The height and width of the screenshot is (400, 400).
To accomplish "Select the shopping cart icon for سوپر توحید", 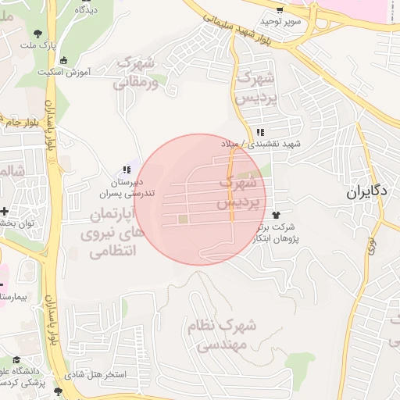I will (x=280, y=10).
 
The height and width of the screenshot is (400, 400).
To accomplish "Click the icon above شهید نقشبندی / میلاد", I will (x=260, y=133).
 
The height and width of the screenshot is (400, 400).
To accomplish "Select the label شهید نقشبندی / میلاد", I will (x=270, y=145).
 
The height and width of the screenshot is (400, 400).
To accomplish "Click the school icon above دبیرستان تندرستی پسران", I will (x=126, y=170).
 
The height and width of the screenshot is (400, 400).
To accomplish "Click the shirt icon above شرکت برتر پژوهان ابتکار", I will (x=276, y=213).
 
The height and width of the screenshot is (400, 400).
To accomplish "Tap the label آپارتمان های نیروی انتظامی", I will (x=108, y=232).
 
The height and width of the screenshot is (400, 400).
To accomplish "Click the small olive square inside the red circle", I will (x=183, y=220).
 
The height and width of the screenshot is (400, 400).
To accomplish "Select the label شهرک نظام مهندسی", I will (x=222, y=334).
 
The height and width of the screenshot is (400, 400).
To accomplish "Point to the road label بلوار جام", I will (x=19, y=123).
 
